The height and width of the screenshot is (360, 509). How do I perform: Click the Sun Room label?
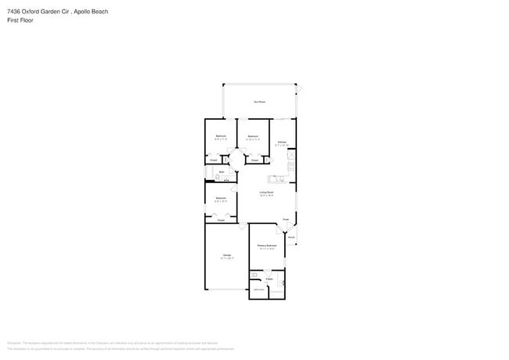[259, 103]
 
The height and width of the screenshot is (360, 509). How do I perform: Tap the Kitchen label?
[282, 142]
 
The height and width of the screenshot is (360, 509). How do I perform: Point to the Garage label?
[226, 255]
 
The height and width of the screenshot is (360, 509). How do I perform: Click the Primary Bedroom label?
[267, 246]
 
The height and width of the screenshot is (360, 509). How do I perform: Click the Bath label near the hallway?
[222, 171]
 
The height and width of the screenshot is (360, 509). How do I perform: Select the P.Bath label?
[269, 279]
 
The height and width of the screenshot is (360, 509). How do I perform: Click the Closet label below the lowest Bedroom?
[221, 221]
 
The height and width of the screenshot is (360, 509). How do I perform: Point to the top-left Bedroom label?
[221, 136]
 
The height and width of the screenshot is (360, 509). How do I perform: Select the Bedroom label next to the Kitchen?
[253, 137]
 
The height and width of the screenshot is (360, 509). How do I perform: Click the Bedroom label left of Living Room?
[221, 198]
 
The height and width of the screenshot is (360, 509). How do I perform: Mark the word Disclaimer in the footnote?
[13, 343]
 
